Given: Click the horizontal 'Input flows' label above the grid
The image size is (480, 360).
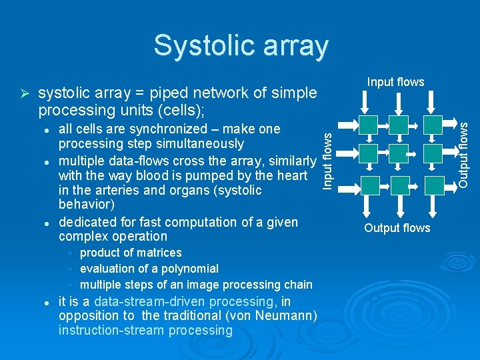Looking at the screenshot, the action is tap(395, 82).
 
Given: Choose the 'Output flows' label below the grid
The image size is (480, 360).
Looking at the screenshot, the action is tap(397, 228).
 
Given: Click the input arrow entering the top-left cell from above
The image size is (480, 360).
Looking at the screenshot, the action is tap(363, 102).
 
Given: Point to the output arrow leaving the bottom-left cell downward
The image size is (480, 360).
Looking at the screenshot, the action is tap(363, 207).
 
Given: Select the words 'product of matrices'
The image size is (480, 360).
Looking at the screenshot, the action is tap(131, 253).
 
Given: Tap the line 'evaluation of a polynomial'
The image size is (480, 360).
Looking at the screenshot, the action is tap(149, 269).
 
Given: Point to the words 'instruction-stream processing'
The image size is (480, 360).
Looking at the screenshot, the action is tap(145, 331).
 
